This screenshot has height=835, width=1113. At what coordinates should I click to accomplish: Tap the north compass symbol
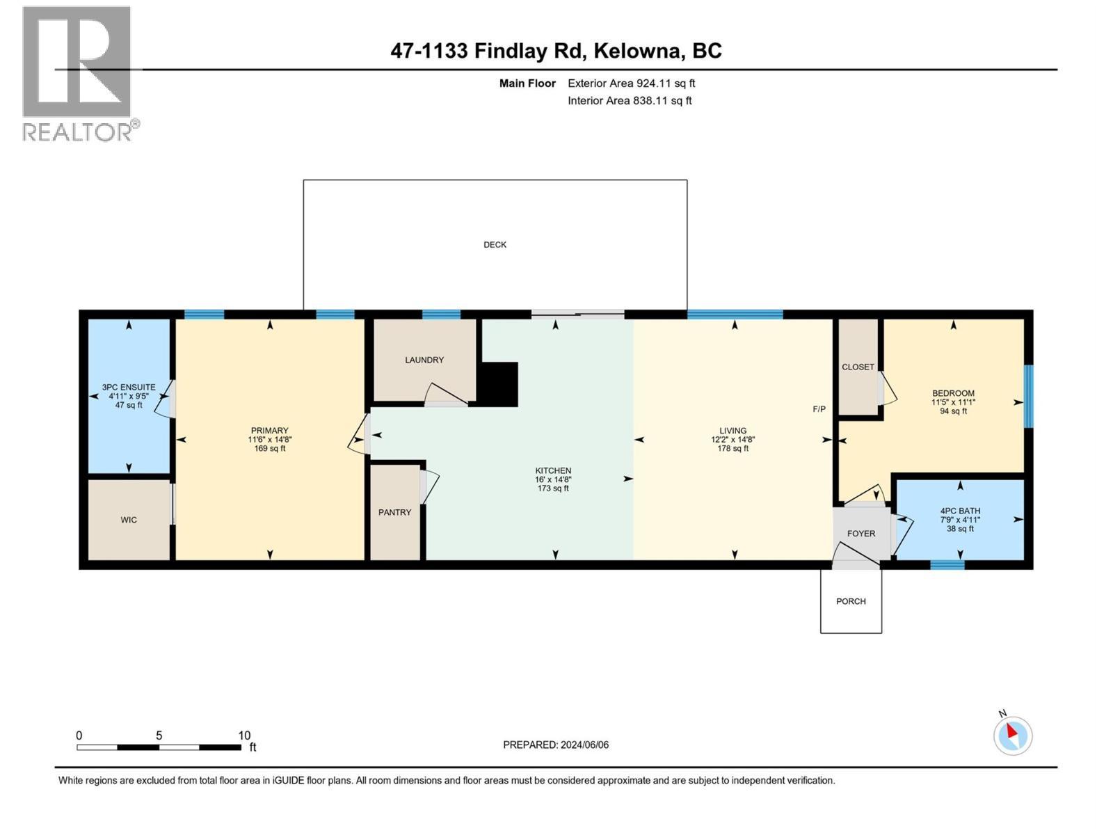pyautogui.click(x=1013, y=735)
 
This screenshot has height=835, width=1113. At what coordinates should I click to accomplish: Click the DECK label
pyautogui.click(x=495, y=245)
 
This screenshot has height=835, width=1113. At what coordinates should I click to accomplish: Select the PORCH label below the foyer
pyautogui.click(x=851, y=601)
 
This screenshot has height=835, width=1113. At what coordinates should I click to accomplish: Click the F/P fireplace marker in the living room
pyautogui.click(x=819, y=409)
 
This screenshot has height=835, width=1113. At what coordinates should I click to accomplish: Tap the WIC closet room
pyautogui.click(x=129, y=520)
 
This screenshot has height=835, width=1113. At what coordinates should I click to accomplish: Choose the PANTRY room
pyautogui.click(x=394, y=512)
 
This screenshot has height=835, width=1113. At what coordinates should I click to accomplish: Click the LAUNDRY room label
pyautogui.click(x=424, y=360)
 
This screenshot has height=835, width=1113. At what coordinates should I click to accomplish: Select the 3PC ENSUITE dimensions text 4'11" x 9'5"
pyautogui.click(x=129, y=396)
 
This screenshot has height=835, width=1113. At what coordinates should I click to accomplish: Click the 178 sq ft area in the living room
pyautogui.click(x=733, y=449)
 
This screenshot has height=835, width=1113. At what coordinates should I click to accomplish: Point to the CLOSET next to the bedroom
pyautogui.click(x=858, y=367)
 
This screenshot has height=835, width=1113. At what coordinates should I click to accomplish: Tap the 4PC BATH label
pyautogui.click(x=960, y=511)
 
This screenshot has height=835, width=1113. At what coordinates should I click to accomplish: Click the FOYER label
pyautogui.click(x=861, y=534)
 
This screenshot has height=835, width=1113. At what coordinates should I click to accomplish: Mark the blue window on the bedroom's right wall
pyautogui.click(x=1029, y=396)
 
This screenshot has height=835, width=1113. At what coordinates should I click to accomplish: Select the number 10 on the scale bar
pyautogui.click(x=243, y=735)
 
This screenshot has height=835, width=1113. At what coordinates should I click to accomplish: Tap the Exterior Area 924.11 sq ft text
pyautogui.click(x=631, y=83)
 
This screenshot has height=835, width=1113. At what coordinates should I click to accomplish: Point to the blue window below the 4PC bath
pyautogui.click(x=947, y=564)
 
